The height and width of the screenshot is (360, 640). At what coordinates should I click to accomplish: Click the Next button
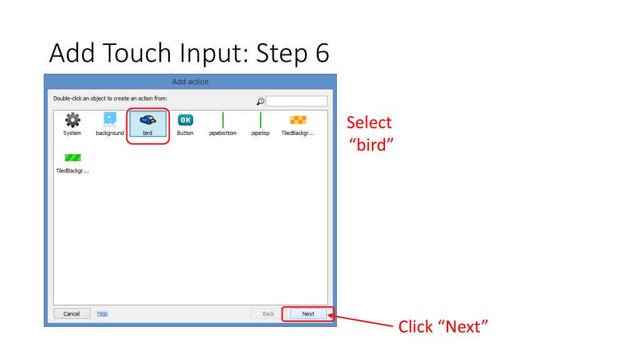tap(308, 314)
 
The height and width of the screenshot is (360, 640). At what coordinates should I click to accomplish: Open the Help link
tap(102, 313)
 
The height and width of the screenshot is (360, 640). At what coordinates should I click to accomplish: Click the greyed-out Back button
tap(268, 314)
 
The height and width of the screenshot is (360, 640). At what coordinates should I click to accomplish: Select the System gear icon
tap(73, 119)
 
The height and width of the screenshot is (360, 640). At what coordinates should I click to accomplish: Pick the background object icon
tap(110, 119)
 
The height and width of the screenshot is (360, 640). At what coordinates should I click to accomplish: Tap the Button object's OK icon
tap(185, 119)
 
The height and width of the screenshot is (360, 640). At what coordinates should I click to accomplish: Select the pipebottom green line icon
tap(223, 119)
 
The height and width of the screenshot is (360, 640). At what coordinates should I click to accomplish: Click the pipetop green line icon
tap(260, 119)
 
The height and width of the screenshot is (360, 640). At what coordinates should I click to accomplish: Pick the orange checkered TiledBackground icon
tap(297, 119)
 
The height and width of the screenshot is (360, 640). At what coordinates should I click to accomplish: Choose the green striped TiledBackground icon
tap(73, 157)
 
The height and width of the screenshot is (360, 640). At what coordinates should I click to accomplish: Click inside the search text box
tap(296, 101)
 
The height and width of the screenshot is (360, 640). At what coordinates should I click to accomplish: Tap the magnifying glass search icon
tap(261, 101)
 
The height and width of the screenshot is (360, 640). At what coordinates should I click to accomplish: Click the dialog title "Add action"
tap(190, 82)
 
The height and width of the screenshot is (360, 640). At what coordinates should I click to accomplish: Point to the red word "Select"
tap(369, 122)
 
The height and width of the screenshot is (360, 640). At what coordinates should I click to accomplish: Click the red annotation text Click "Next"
tap(442, 327)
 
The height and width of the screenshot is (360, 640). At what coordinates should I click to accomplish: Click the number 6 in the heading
tap(319, 54)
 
